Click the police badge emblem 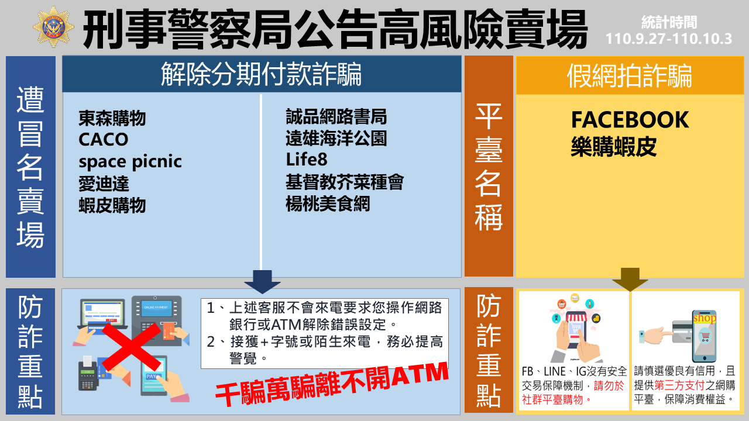(54, 27)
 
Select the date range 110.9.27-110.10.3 (669, 39)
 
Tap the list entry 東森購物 (112, 118)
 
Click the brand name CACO (104, 139)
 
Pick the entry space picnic (130, 162)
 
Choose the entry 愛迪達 (104, 184)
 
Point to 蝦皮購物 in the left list (112, 205)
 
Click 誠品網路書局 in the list (336, 116)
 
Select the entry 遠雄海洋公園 (336, 138)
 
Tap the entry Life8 (307, 160)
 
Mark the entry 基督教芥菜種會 (345, 182)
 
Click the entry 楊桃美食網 (328, 203)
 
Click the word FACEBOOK (630, 120)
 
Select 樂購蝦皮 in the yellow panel (614, 146)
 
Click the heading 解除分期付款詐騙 (261, 74)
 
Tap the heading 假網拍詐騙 (630, 76)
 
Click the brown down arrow (630, 279)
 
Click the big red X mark (132, 347)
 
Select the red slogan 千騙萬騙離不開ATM (332, 384)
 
